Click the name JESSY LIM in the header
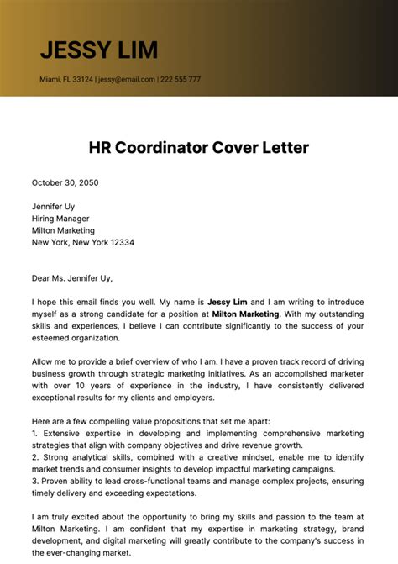point(98,50)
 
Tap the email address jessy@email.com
point(126,80)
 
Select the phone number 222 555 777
point(181,80)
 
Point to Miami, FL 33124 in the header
point(65,80)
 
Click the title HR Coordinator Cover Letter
point(199,148)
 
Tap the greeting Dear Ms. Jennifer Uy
point(71,278)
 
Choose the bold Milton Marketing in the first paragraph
point(245,314)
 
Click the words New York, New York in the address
point(66,242)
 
